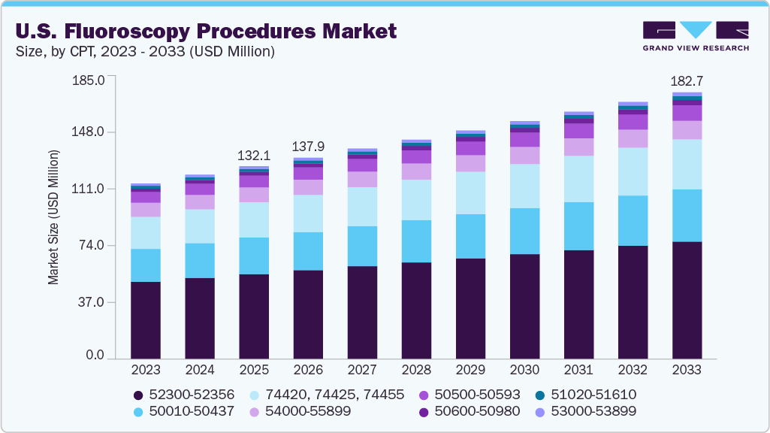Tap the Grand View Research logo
coord(695,35)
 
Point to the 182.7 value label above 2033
coord(686,80)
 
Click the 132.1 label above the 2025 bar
coord(254,156)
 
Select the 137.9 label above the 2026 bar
coord(308,146)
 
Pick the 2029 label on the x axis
coord(470,370)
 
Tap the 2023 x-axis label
coord(146,370)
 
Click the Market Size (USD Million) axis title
coord(53,217)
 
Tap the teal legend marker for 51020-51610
coord(540,395)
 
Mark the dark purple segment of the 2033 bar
coord(687,301)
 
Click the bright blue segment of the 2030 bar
coord(524,231)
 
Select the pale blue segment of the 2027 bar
coord(362,206)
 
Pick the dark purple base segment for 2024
coord(200,319)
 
